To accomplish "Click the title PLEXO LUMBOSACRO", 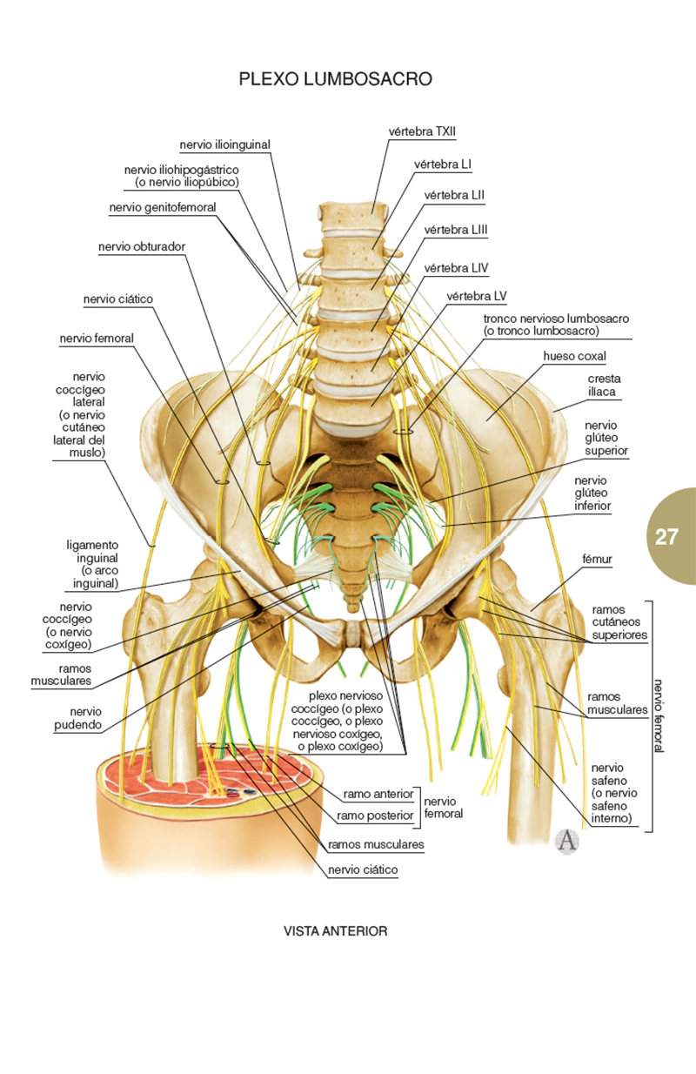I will point(335,79).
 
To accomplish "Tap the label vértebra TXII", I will point(422,131).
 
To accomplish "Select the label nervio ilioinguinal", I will point(225,144).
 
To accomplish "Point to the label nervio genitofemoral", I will point(163,207).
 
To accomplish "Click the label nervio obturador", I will point(142,246).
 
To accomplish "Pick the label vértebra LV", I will point(476,296).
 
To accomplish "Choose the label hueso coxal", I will point(574,356).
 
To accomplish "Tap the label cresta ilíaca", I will point(604,386).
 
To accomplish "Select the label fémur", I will point(598,560).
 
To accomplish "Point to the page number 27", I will point(666,536).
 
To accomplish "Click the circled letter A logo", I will point(566,841).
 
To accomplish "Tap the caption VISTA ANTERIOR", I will point(335,930).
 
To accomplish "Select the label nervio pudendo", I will point(86,717).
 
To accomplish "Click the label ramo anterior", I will point(378,794).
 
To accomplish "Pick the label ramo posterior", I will point(374,816).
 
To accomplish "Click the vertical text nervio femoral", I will point(659,715).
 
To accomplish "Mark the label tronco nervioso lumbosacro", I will point(556,325).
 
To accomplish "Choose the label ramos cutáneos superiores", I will point(619,623).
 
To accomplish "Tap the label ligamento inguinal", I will point(92,564).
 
